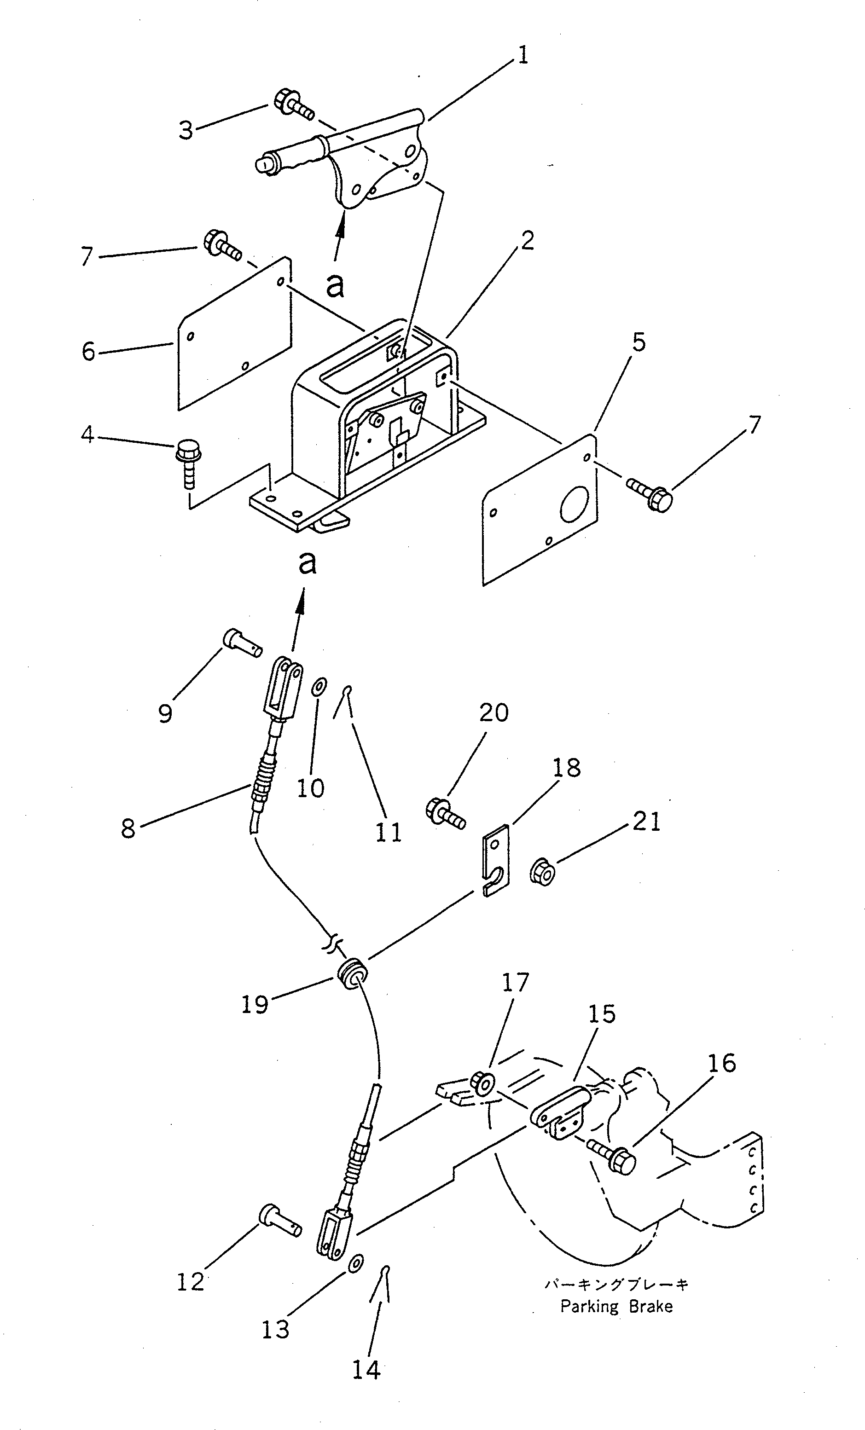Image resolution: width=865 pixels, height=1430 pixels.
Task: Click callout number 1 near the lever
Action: pos(522,56)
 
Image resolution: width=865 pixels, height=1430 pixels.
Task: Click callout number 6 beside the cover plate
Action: pos(88,351)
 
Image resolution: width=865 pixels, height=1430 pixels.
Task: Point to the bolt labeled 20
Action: pos(445,812)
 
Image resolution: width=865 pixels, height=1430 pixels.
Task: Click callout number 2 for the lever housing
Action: pos(527,241)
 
